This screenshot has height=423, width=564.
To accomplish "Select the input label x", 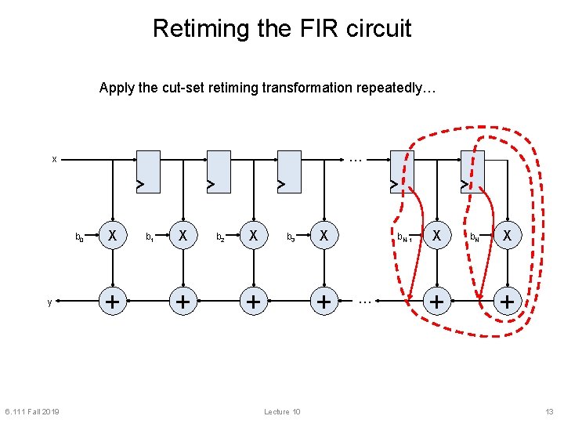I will [54, 159].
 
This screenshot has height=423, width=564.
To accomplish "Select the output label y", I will [49, 302].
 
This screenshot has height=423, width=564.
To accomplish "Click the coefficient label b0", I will [79, 236].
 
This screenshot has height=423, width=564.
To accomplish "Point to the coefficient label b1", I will [150, 236].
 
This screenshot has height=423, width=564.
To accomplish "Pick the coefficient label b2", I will [220, 236].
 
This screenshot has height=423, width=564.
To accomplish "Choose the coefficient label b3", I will [291, 236].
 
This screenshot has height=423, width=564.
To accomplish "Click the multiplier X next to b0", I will [113, 235].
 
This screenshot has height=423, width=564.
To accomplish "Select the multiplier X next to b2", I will [253, 235].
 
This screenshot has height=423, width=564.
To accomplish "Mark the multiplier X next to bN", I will [508, 235].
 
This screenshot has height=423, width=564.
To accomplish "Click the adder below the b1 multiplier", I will [183, 301].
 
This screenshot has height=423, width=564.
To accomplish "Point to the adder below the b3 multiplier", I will [323, 301].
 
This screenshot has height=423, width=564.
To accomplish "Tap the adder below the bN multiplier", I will [508, 301].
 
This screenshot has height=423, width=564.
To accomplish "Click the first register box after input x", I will [147, 171].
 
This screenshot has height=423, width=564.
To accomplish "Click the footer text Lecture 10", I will [282, 412].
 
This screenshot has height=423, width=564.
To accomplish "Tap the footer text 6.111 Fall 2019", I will [31, 412].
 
